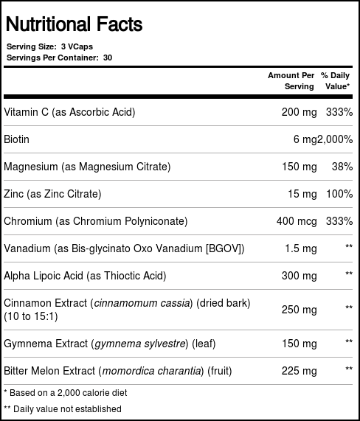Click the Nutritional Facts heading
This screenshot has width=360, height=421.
pyautogui.click(x=74, y=24)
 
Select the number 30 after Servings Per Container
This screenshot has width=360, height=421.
pyautogui.click(x=108, y=57)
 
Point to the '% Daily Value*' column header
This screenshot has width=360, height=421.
pyautogui.click(x=336, y=80)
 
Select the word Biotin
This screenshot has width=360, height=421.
pyautogui.click(x=16, y=139)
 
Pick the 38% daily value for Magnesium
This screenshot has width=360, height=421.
pyautogui.click(x=342, y=167)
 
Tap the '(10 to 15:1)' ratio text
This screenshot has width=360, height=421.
pyautogui.click(x=30, y=316)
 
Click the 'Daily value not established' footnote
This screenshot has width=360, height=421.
pyautogui.click(x=63, y=408)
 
